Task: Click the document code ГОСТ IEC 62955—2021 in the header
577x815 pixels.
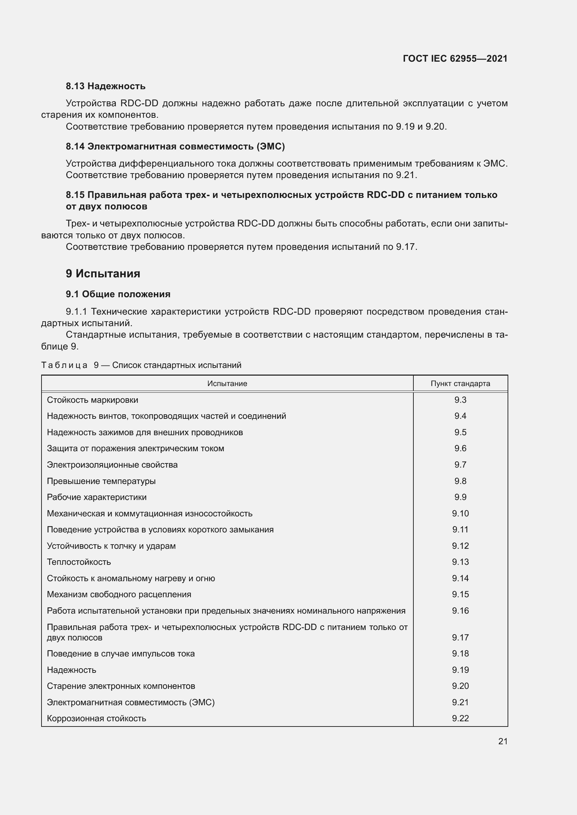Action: pyautogui.click(x=455, y=59)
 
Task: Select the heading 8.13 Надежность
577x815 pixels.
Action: pyautogui.click(x=105, y=86)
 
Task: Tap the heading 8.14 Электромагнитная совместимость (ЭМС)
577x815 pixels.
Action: pyautogui.click(x=175, y=146)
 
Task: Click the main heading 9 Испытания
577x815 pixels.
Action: pyautogui.click(x=103, y=273)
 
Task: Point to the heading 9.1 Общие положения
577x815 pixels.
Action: pyautogui.click(x=118, y=294)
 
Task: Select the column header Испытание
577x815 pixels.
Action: pyautogui.click(x=227, y=383)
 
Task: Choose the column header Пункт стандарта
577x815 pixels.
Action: pyautogui.click(x=460, y=383)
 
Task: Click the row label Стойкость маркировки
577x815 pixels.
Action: pyautogui.click(x=92, y=400)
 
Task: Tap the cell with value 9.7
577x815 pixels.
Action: pyautogui.click(x=460, y=465)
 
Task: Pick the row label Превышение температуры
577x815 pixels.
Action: pyautogui.click(x=101, y=481)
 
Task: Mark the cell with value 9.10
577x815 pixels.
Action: pyautogui.click(x=460, y=513)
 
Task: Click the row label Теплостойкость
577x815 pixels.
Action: pyautogui.click(x=79, y=562)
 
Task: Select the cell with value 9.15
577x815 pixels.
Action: pyautogui.click(x=460, y=594)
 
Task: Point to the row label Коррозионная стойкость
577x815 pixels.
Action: pyautogui.click(x=96, y=718)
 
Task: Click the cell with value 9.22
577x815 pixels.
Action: pyautogui.click(x=460, y=718)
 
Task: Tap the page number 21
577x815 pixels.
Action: pyautogui.click(x=503, y=741)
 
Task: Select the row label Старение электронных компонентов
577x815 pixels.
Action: pyautogui.click(x=121, y=686)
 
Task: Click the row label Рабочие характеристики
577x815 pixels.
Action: pyautogui.click(x=97, y=497)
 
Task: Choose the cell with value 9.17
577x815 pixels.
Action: pyautogui.click(x=460, y=638)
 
